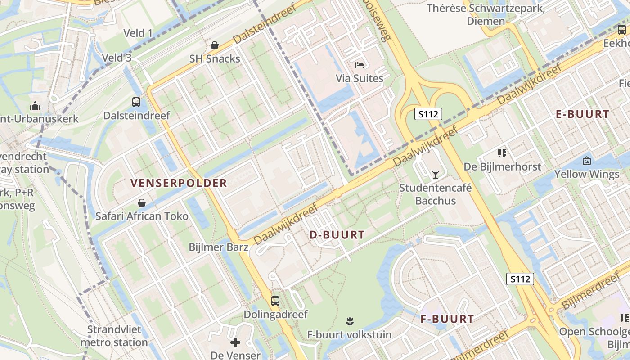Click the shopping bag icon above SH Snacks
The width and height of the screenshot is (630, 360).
[x=215, y=45]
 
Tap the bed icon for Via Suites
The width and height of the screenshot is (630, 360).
[x=360, y=65]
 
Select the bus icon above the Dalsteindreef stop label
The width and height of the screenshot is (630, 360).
[x=136, y=102]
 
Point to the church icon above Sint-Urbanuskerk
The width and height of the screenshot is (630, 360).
[x=35, y=106]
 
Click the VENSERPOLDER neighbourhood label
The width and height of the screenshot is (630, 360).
[x=179, y=183]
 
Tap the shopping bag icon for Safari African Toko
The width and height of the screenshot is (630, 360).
[x=142, y=203]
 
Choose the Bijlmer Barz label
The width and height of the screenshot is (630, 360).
[x=218, y=247]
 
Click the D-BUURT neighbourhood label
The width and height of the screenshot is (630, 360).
[x=337, y=235]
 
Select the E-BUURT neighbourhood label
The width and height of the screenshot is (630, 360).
[x=582, y=114]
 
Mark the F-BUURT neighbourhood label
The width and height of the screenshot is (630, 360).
[x=447, y=319]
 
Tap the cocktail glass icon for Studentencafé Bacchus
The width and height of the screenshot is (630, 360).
[x=435, y=174]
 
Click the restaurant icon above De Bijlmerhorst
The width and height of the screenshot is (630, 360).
[x=503, y=153]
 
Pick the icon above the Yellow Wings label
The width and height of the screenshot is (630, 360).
[x=587, y=161]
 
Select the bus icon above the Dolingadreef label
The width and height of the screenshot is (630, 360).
[x=275, y=301]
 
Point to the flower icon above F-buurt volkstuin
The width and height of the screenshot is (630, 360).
[x=350, y=321]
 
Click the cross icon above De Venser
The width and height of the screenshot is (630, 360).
[x=235, y=343]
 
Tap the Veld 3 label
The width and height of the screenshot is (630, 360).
[x=117, y=58]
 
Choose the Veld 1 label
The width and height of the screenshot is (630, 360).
[x=138, y=33]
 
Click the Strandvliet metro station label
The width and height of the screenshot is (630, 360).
[x=114, y=336]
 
